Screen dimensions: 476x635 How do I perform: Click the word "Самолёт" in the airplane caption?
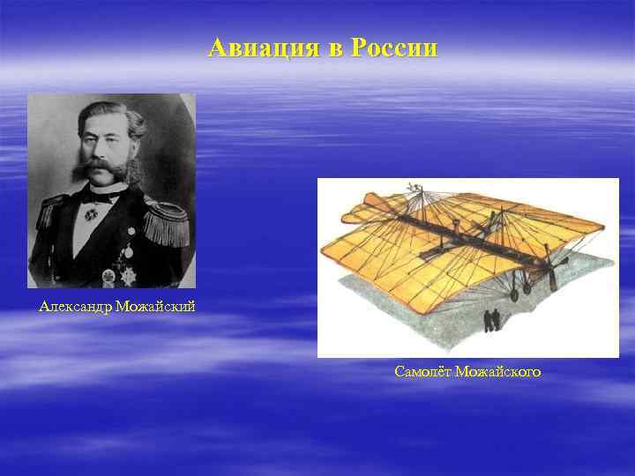pyautogui.click(x=424, y=373)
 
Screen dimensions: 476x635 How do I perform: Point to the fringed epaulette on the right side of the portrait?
pyautogui.click(x=168, y=222)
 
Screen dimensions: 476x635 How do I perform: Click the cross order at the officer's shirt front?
pyautogui.click(x=91, y=213)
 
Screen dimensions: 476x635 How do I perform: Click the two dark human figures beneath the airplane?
pyautogui.click(x=492, y=319)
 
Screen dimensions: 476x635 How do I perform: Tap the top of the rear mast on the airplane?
pyautogui.click(x=412, y=188)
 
